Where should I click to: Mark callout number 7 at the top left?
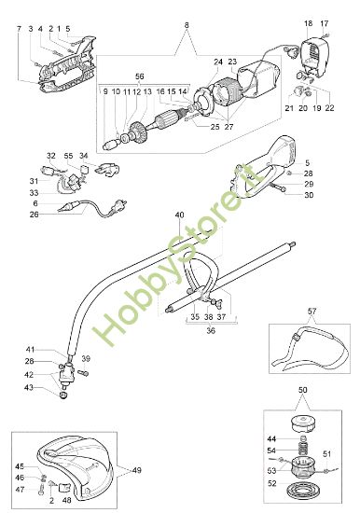tap(18, 30)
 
